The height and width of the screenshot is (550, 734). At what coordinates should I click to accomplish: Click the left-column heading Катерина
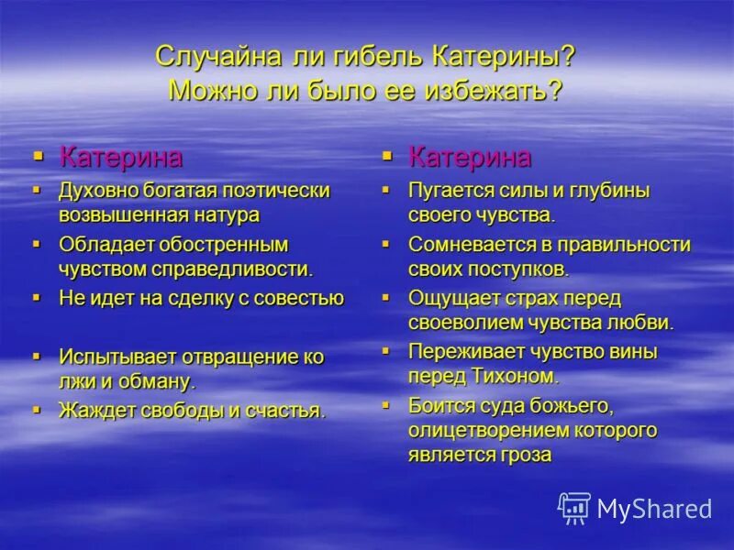[120, 157]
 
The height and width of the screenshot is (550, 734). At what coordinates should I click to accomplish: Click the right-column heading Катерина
[469, 157]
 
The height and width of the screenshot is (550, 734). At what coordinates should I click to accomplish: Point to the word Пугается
[450, 192]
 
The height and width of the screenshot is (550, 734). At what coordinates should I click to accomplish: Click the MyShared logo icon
[574, 507]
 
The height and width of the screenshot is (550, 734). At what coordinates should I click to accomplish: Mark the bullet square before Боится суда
[386, 402]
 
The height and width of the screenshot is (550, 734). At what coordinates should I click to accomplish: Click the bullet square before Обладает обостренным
[37, 244]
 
